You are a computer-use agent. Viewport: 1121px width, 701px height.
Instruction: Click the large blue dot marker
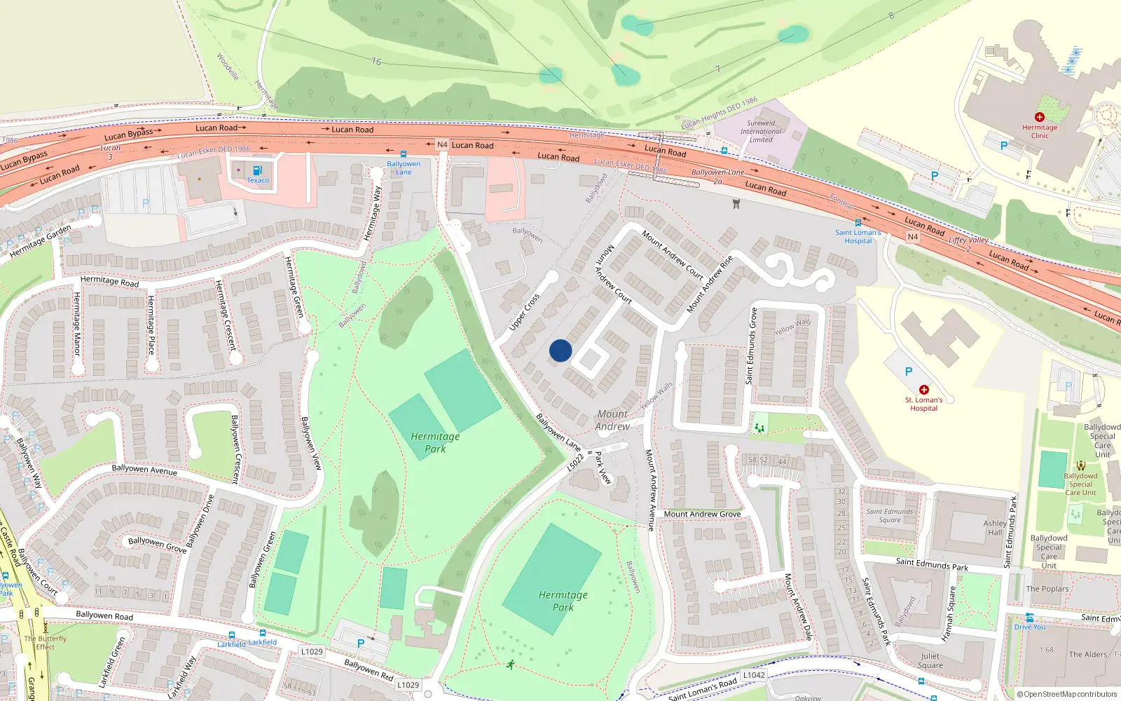560,350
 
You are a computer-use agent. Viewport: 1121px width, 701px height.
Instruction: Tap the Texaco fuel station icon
257,170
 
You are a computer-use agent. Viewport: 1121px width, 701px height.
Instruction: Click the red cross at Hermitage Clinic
1039,117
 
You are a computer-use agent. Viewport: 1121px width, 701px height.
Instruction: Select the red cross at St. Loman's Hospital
923,390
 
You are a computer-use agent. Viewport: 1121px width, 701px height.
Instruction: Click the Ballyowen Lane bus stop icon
403,154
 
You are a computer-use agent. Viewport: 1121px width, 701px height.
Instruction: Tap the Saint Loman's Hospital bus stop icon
858,223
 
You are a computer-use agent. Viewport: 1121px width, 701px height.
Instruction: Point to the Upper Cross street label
524,312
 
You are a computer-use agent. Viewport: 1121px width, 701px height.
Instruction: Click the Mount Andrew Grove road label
702,514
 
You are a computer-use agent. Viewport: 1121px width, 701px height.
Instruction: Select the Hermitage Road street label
109,281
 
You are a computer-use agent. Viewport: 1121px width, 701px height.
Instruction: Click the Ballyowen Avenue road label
144,469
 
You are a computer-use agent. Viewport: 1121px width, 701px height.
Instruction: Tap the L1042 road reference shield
754,675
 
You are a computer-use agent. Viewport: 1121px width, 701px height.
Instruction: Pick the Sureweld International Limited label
761,131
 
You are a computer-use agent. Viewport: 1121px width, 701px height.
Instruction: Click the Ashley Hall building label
995,528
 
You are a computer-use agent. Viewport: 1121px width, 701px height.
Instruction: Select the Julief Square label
930,661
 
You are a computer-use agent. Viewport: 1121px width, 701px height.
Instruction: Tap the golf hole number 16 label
376,62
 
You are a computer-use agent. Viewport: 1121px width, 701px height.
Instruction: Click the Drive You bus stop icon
1029,618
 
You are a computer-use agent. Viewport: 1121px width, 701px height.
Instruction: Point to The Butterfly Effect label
46,643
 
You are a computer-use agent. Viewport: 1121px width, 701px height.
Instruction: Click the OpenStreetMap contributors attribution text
1067,695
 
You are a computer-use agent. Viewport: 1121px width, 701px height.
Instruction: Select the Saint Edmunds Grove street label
752,346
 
